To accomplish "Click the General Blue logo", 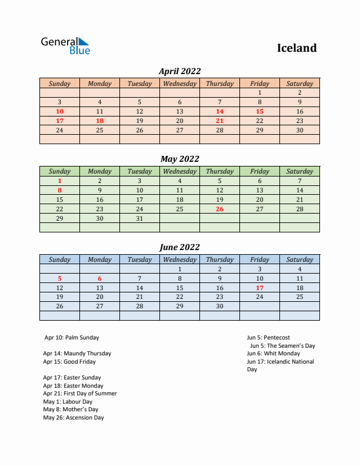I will (x=65, y=46).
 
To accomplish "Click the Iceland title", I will (x=296, y=48).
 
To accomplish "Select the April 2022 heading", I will (x=179, y=71).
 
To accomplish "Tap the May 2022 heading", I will (x=179, y=159).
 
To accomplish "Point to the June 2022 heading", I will (x=179, y=247).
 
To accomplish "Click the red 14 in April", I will (x=219, y=111).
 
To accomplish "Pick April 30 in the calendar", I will (x=299, y=130).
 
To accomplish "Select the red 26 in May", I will (x=219, y=209).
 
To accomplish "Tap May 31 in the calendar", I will (x=139, y=218).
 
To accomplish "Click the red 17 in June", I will (x=259, y=288).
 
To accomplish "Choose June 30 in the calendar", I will (x=219, y=307).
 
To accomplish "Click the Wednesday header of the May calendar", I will (x=179, y=172).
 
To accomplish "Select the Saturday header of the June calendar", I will (x=299, y=259).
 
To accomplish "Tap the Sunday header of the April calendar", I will (x=59, y=84).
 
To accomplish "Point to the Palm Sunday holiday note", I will (x=72, y=338).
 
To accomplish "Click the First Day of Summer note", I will (x=80, y=394).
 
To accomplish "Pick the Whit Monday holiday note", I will (x=274, y=354).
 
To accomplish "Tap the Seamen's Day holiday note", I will (x=282, y=346).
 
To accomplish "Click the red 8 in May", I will (x=59, y=190).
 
